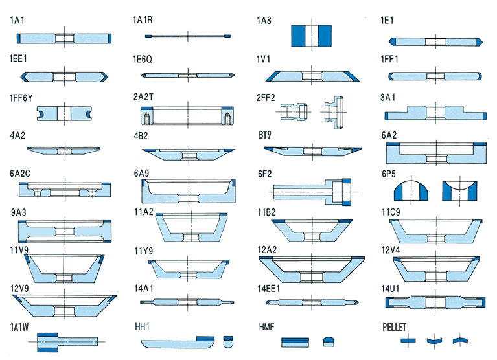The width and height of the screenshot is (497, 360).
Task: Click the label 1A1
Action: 17,21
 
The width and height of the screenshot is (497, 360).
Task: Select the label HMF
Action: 266,327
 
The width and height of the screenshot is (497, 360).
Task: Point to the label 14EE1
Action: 268,287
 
